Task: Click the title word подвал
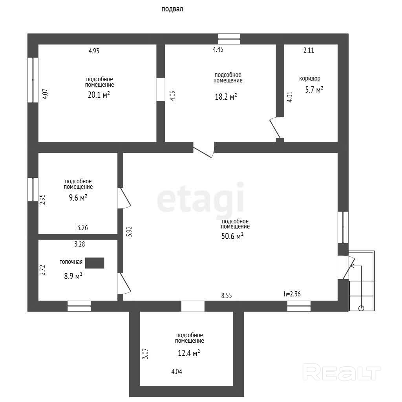click(x=172, y=9)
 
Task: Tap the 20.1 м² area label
click(x=99, y=95)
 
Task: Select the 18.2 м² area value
click(x=226, y=97)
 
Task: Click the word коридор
click(x=310, y=79)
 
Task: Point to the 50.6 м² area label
click(x=232, y=236)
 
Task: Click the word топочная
click(x=71, y=262)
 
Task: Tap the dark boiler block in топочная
click(x=95, y=263)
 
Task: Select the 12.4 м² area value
click(x=189, y=353)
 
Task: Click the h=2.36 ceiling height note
click(x=292, y=294)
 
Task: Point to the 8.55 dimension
click(x=227, y=296)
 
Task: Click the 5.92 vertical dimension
click(x=129, y=232)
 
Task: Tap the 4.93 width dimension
click(x=94, y=51)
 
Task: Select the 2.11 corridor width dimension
click(x=309, y=50)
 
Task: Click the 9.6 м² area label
click(x=78, y=198)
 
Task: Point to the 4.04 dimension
click(x=177, y=371)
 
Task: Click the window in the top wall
click(x=229, y=39)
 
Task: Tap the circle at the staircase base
click(x=361, y=308)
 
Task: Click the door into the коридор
click(x=277, y=128)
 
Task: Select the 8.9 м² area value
click(x=73, y=276)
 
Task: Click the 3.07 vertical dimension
click(x=145, y=353)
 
